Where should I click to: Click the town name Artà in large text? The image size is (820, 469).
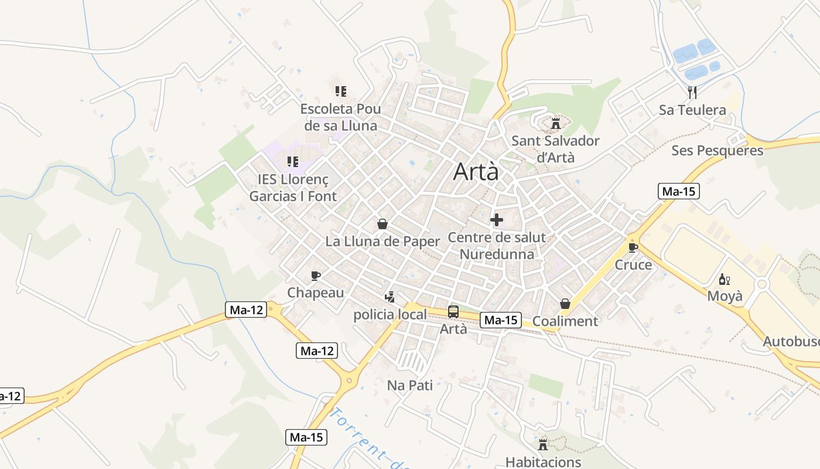476,172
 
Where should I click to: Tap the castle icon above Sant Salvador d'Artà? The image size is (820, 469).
555,124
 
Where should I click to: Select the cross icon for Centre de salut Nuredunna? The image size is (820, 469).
497,220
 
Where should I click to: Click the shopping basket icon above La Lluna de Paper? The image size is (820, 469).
382,224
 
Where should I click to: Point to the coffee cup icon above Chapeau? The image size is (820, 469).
316,276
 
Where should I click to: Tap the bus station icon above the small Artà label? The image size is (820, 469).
453,312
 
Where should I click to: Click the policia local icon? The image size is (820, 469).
389,297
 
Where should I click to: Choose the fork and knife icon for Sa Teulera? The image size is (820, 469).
692,92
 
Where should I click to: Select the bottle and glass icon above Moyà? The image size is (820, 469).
725,280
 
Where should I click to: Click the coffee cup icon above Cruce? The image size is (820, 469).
633,247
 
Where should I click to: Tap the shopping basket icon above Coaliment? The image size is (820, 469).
565,304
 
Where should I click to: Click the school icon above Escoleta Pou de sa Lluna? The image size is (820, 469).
340,91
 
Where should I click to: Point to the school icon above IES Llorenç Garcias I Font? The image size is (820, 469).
292,162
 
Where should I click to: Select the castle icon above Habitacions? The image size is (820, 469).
543,444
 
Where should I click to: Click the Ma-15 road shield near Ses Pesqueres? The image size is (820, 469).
679,191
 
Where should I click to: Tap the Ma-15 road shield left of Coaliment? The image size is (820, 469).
501,320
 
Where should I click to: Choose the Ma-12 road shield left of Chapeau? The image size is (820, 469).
246,310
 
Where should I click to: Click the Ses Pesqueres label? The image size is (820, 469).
717,151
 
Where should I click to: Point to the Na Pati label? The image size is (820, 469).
410,385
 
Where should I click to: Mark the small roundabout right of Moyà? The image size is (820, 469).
761,284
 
